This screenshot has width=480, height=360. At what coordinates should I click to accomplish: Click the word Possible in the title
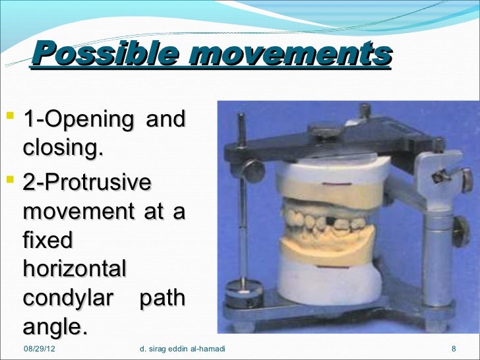(104, 53)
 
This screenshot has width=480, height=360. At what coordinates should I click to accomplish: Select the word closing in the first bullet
(63, 149)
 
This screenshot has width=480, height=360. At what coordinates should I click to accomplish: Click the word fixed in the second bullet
(47, 241)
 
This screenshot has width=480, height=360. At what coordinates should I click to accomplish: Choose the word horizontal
(74, 269)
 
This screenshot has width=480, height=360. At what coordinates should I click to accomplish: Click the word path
(162, 298)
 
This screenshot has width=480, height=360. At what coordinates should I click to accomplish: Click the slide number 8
(454, 348)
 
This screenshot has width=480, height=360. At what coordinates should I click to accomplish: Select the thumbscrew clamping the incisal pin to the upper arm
(252, 170)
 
